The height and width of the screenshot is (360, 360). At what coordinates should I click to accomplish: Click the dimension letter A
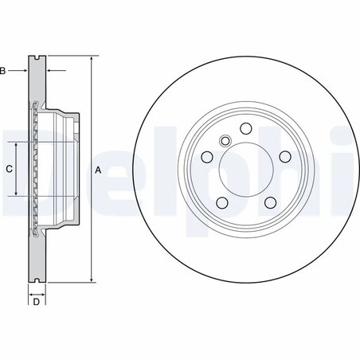click(99, 170)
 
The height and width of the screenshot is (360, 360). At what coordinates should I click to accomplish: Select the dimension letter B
click(3, 72)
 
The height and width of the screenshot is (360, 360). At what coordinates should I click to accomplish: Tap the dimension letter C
click(9, 169)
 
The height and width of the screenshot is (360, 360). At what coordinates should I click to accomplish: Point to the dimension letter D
click(36, 302)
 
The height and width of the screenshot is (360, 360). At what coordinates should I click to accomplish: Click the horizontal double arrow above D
click(37, 292)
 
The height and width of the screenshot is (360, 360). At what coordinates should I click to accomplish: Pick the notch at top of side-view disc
click(37, 59)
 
